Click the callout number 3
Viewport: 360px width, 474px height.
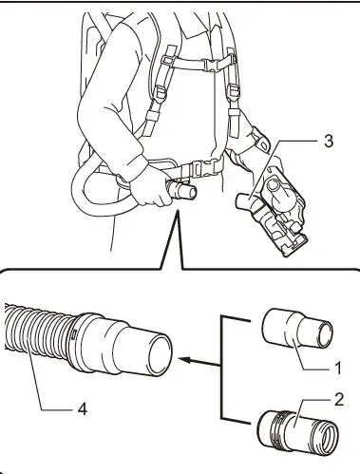[328, 142]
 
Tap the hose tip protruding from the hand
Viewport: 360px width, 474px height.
[190, 193]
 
